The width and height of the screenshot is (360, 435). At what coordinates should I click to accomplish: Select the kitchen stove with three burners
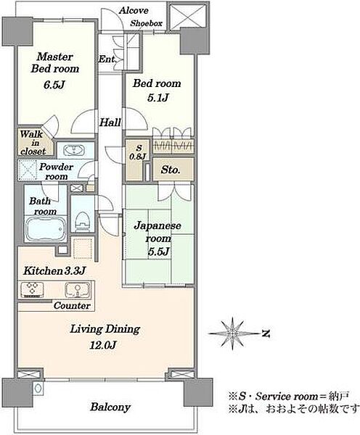click(32, 289)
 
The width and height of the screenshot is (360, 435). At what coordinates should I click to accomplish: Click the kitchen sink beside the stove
click(78, 290)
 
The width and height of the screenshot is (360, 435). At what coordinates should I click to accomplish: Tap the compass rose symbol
click(233, 333)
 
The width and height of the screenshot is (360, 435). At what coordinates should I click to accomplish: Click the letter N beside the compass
click(266, 333)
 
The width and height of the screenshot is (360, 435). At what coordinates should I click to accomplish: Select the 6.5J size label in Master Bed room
click(54, 85)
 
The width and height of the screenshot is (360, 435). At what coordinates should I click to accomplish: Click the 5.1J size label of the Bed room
click(157, 98)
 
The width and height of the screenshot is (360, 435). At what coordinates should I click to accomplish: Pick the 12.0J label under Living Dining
click(102, 345)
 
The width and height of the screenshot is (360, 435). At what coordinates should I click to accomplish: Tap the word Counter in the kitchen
click(72, 305)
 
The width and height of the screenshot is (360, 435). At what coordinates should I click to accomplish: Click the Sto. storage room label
click(171, 170)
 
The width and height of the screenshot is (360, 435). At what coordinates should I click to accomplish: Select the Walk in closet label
click(33, 143)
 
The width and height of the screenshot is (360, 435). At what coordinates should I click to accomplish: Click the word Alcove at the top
click(134, 10)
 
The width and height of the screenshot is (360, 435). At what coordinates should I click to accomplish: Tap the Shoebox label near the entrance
click(147, 23)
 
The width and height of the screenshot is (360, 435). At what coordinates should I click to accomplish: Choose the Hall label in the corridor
click(110, 122)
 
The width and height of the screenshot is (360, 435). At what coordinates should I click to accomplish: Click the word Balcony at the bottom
click(110, 407)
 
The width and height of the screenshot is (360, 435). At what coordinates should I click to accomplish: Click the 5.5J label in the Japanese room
click(159, 252)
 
